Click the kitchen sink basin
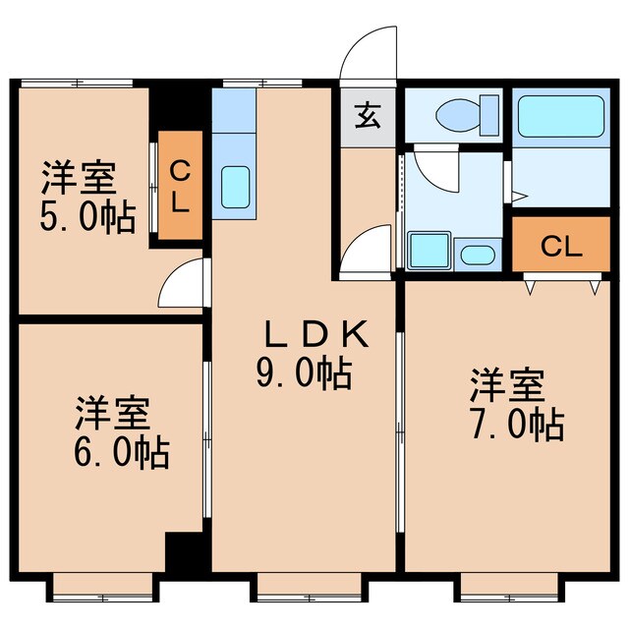pyautogui.click(x=234, y=186)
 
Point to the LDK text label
pyautogui.click(x=314, y=336)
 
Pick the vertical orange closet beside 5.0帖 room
pyautogui.click(x=181, y=187)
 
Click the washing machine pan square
pyautogui.click(x=429, y=253)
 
